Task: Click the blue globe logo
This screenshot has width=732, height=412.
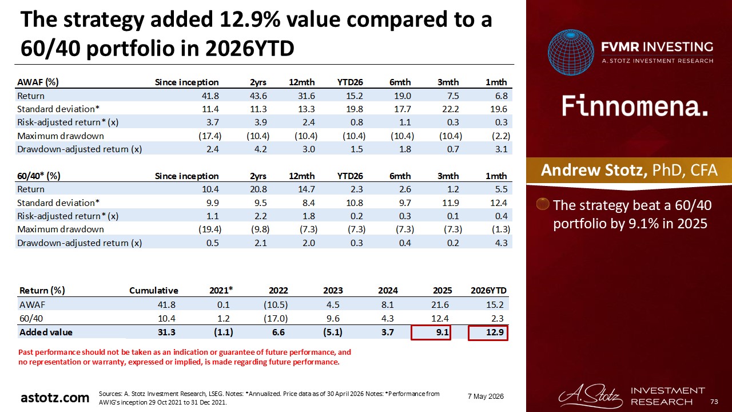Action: tap(571, 52)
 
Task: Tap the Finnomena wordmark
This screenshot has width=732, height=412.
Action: tap(635, 106)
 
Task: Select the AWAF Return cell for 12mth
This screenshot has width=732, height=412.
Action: tap(306, 96)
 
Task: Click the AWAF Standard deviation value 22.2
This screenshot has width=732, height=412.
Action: tap(450, 109)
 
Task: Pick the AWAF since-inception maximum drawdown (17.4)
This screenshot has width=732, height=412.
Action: tap(210, 136)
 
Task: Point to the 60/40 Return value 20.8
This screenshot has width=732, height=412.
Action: tap(258, 189)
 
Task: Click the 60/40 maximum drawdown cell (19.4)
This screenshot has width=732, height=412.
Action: tap(210, 229)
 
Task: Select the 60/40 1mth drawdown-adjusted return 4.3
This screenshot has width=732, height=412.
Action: tap(501, 243)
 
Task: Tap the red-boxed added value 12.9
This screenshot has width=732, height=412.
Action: tap(488, 333)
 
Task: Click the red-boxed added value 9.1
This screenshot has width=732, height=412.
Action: tap(431, 332)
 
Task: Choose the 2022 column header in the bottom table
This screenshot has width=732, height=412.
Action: tap(278, 290)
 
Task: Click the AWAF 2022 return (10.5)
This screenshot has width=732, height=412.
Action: tap(276, 305)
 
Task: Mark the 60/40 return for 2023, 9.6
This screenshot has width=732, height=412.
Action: tap(333, 319)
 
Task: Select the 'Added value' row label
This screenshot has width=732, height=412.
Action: tap(46, 332)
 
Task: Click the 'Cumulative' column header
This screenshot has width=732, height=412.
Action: tap(154, 290)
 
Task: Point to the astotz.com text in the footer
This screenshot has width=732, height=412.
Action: tap(55, 398)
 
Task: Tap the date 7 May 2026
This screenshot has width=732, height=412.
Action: tap(486, 397)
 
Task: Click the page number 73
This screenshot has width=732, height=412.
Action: tap(714, 402)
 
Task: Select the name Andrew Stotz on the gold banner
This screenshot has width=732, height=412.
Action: tap(594, 170)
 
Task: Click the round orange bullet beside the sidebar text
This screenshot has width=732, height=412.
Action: tap(543, 204)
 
